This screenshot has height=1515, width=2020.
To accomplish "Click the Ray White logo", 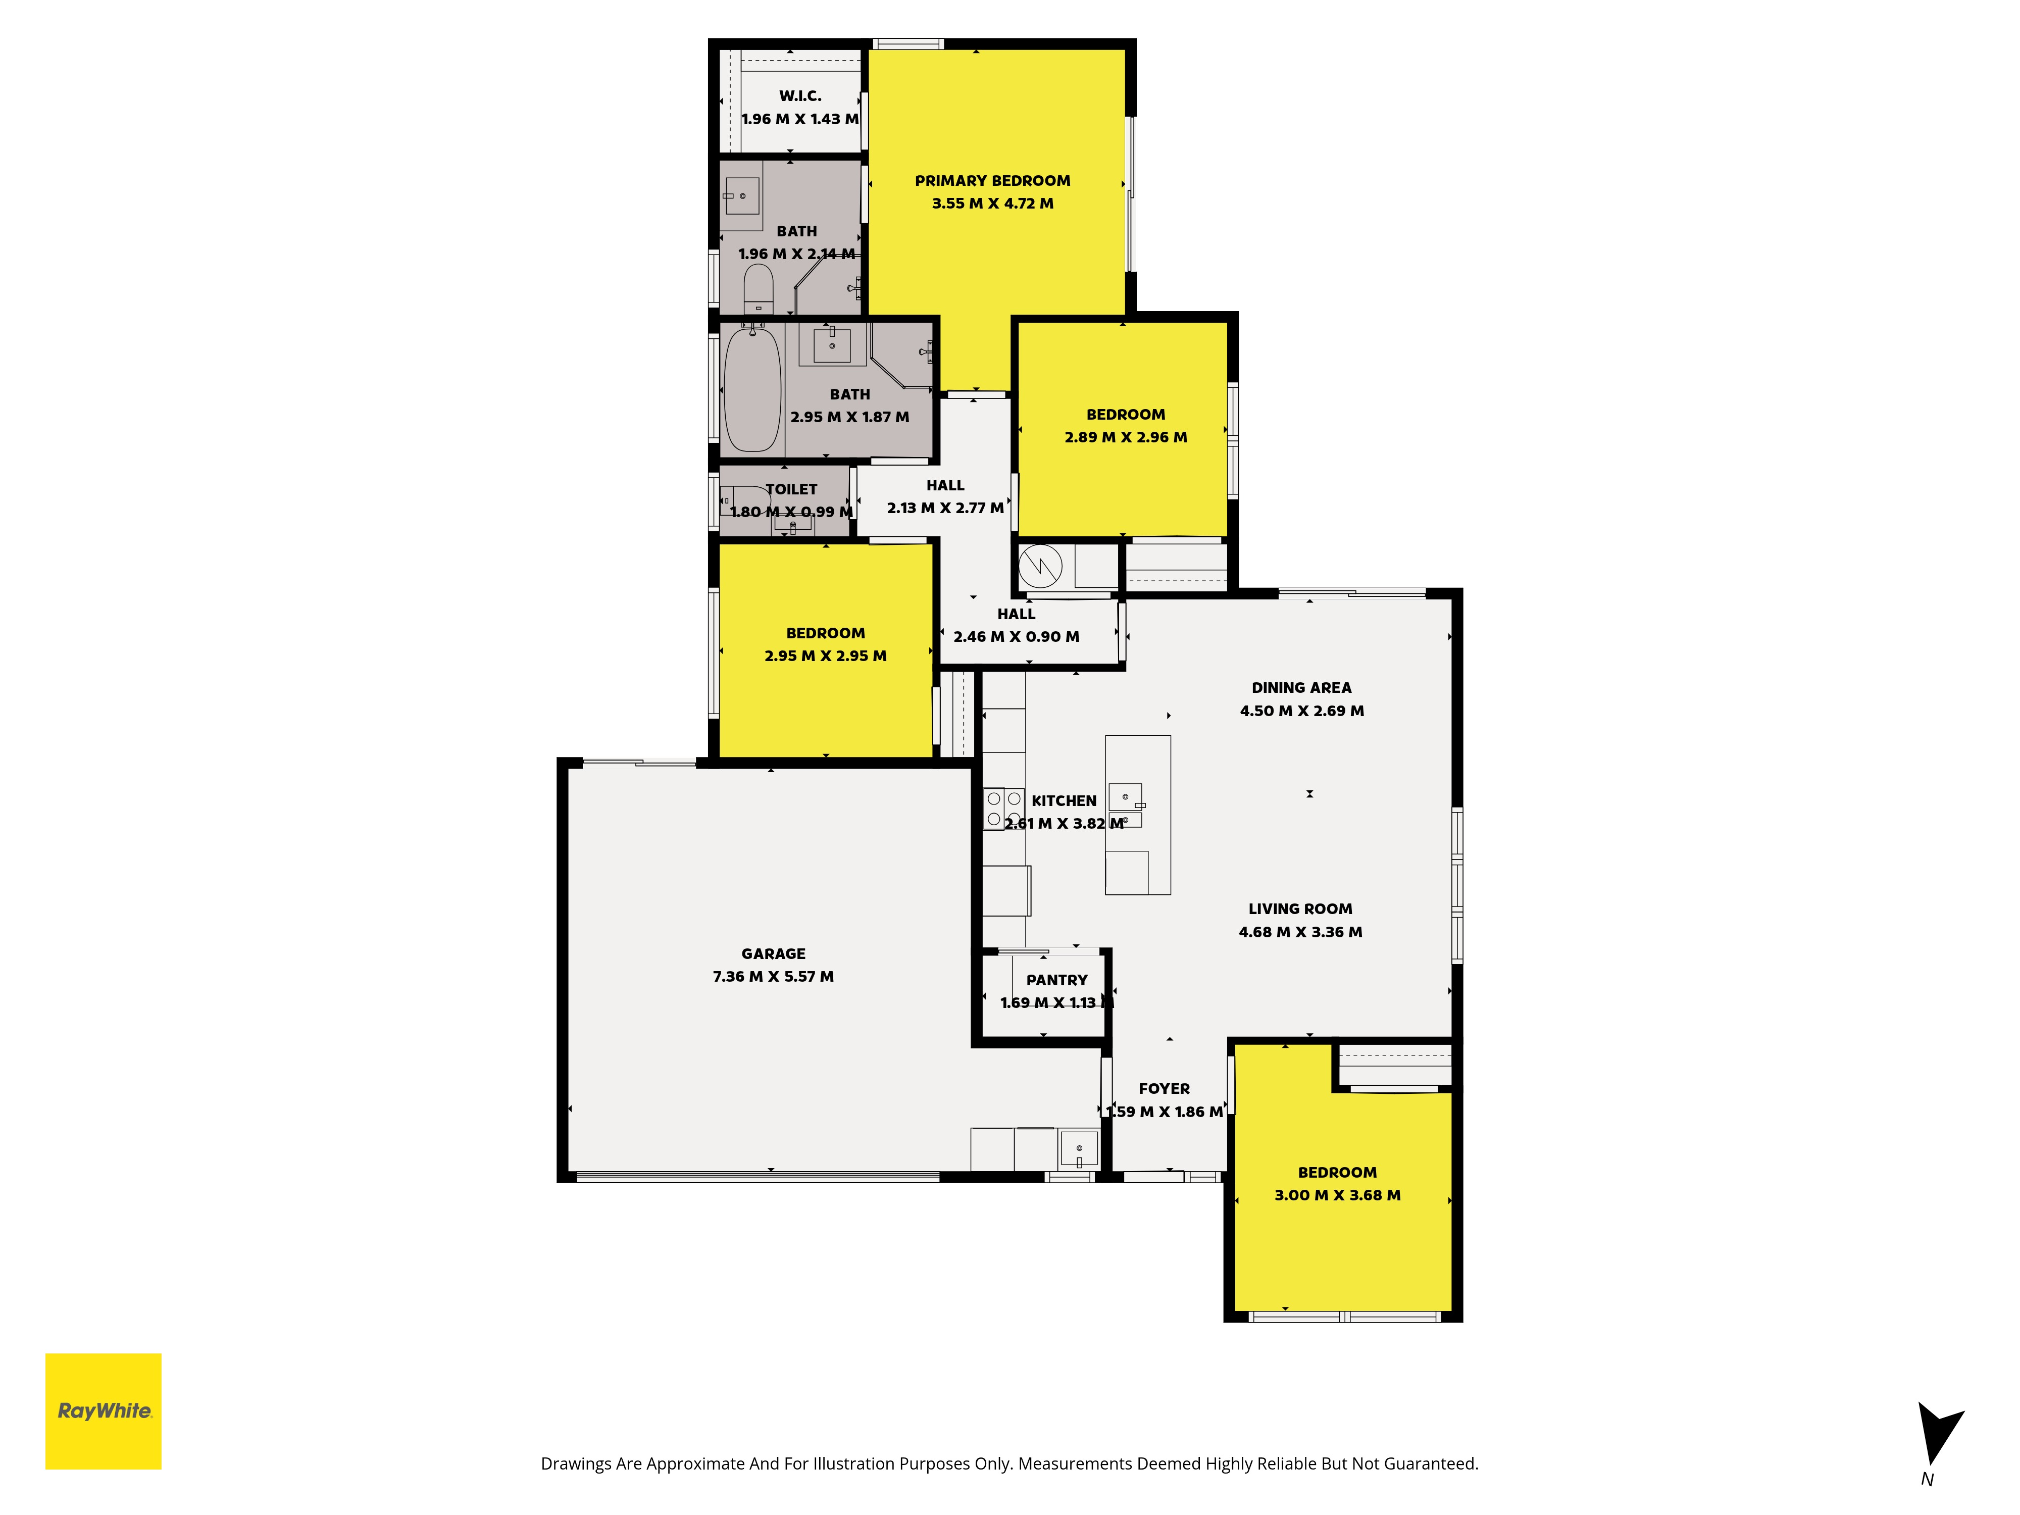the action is [103, 1411].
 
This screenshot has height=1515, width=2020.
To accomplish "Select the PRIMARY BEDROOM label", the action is [993, 181].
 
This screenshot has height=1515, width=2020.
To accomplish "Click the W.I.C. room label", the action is [800, 96].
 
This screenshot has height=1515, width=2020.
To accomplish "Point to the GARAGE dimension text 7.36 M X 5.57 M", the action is [774, 976].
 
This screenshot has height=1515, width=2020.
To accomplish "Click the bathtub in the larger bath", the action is [752, 390].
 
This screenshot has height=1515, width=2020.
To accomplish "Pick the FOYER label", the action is [1165, 1089].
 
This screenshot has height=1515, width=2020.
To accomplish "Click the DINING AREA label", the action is [1301, 688].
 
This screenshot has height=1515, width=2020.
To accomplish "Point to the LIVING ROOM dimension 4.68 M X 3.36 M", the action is [1300, 931].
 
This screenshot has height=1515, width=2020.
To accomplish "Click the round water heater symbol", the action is [1040, 566].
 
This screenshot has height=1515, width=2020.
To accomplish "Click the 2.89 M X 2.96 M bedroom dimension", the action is [1126, 437].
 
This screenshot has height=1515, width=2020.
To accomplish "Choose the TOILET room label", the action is [792, 489].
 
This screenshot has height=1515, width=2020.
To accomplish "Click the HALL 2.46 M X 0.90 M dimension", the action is [1017, 636].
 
